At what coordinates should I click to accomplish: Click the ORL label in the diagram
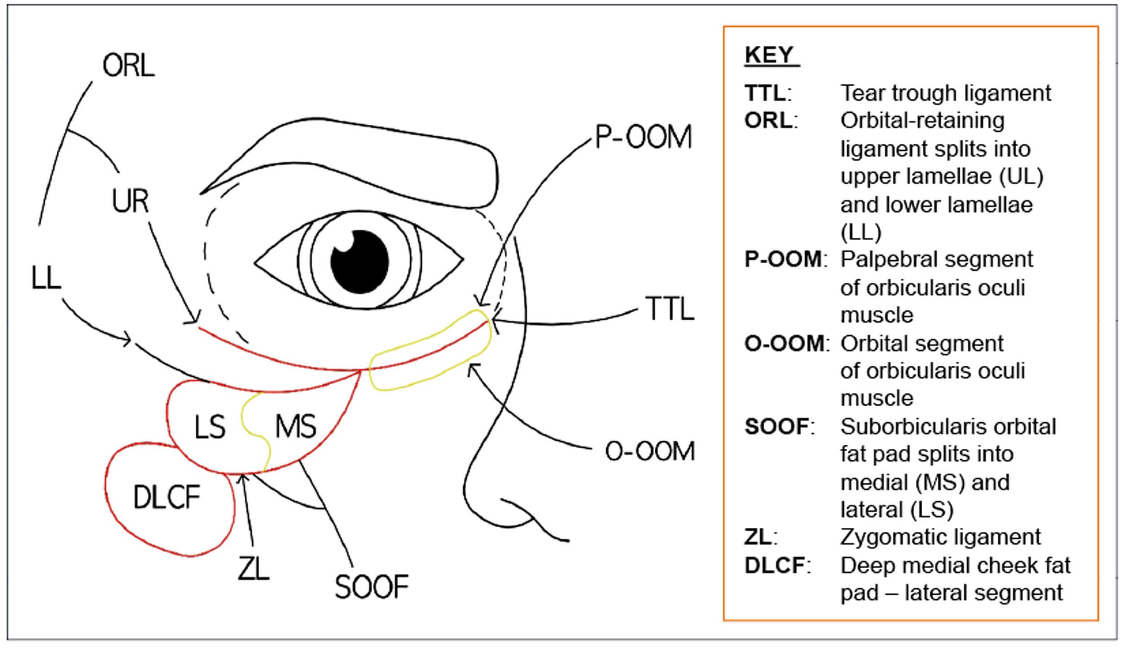pyautogui.click(x=128, y=66)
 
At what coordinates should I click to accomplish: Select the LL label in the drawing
pyautogui.click(x=46, y=278)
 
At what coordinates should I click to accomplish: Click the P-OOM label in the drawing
pyautogui.click(x=643, y=137)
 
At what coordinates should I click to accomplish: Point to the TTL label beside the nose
pyautogui.click(x=670, y=309)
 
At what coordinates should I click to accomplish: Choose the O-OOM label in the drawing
pyautogui.click(x=649, y=451)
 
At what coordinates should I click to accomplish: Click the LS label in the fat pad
pyautogui.click(x=210, y=427)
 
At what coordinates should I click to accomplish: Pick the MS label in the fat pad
pyautogui.click(x=295, y=426)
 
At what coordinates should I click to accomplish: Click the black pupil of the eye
pyautogui.click(x=359, y=262)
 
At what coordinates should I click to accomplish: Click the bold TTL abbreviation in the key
pyautogui.click(x=765, y=93)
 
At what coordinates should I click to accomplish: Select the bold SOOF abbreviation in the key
pyautogui.click(x=777, y=427)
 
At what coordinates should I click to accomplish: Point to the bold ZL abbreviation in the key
pyautogui.click(x=758, y=537)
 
